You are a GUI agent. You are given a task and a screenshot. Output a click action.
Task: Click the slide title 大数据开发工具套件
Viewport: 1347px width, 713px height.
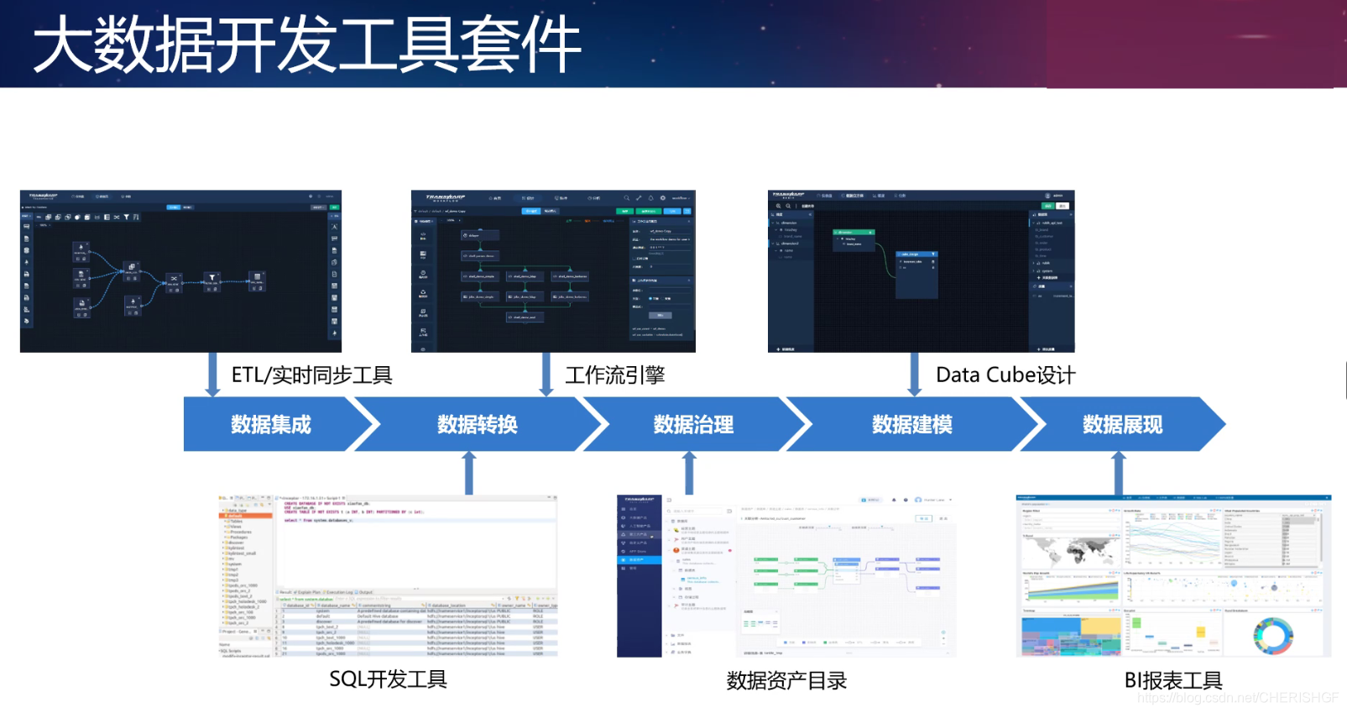(307, 45)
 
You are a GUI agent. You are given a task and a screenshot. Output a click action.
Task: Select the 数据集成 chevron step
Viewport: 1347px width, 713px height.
(271, 424)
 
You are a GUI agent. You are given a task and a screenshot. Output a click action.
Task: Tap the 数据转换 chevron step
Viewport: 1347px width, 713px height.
(478, 424)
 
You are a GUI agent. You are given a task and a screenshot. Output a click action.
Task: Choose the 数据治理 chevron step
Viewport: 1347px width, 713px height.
(693, 424)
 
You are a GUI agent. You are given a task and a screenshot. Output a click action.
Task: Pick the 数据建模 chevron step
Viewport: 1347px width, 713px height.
(911, 424)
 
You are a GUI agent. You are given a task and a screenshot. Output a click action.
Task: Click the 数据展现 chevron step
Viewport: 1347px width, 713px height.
(1122, 424)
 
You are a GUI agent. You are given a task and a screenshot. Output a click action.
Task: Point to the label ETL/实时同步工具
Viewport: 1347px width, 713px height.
(311, 375)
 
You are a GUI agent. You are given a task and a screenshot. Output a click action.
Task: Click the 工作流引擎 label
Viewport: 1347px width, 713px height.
(615, 375)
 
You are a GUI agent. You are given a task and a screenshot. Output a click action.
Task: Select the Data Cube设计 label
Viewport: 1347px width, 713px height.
(1005, 375)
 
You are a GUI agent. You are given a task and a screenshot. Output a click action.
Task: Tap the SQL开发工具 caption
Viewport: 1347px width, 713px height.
(388, 679)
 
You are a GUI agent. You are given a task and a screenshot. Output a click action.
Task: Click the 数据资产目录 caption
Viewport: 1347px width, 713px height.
(786, 681)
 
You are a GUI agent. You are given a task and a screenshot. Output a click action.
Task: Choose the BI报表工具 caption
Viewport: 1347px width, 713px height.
(1172, 681)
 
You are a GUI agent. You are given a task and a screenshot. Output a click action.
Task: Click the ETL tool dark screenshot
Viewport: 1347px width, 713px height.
(180, 270)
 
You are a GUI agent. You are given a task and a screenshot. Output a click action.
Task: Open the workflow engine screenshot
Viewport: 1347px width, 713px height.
(553, 270)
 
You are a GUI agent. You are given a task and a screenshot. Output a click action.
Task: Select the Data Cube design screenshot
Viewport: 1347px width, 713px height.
(921, 270)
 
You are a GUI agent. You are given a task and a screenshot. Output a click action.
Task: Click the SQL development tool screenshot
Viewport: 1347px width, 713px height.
(388, 576)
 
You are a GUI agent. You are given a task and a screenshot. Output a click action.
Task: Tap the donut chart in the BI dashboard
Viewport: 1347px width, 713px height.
(1272, 636)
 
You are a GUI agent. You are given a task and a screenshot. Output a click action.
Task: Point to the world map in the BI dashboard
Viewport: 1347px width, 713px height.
(1069, 551)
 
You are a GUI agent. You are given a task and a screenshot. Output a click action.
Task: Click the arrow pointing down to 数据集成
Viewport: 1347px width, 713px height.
(212, 375)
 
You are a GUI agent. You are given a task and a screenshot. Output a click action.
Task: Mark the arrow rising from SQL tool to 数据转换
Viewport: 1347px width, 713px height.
(469, 473)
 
